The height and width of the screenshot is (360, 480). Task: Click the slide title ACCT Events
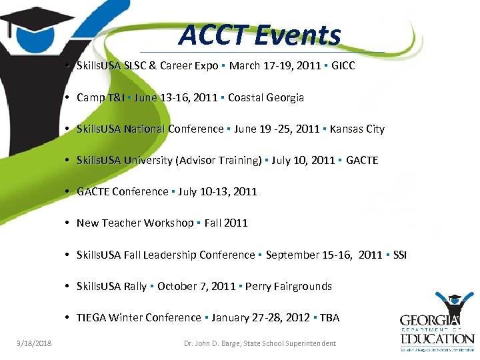(x=259, y=35)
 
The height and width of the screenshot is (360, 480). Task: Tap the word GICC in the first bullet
(x=343, y=66)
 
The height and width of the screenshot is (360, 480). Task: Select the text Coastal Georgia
(x=266, y=97)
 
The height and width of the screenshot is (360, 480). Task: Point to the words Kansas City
(x=357, y=129)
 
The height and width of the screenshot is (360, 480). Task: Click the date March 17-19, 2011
(x=277, y=66)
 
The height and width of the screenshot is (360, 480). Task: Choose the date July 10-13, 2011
(x=217, y=191)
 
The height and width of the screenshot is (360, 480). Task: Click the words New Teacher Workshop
(x=135, y=223)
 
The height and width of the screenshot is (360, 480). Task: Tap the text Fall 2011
(x=226, y=223)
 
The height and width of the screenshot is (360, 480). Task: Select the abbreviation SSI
(x=400, y=255)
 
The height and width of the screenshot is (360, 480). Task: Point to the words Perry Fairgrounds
(x=289, y=286)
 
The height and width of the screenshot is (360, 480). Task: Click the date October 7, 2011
(x=196, y=286)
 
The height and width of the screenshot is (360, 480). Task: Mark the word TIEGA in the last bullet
(x=91, y=317)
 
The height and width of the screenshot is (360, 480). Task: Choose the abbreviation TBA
(x=329, y=317)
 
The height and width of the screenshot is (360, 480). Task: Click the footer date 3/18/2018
(x=35, y=343)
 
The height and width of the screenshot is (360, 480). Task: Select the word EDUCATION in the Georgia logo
(x=437, y=338)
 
